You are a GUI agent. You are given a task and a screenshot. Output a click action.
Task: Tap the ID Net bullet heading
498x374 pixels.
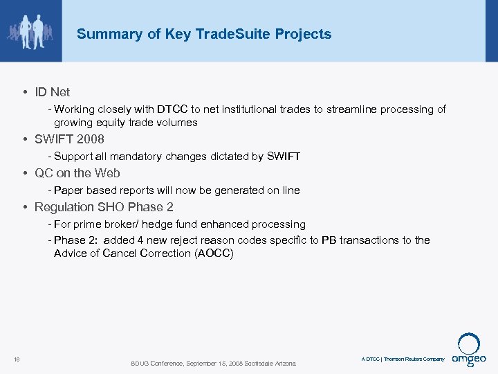click(x=52, y=91)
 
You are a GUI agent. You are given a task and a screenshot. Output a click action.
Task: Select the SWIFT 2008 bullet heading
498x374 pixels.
click(x=69, y=139)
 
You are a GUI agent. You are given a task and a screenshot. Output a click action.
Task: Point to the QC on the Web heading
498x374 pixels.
click(x=77, y=173)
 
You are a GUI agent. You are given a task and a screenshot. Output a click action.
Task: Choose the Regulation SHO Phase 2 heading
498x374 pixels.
click(x=104, y=207)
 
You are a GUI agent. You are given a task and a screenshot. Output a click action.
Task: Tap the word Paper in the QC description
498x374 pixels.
click(x=68, y=190)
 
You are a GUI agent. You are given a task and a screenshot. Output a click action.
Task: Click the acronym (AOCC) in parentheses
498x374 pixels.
click(x=214, y=253)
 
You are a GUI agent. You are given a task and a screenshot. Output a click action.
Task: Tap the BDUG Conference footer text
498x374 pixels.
click(x=213, y=364)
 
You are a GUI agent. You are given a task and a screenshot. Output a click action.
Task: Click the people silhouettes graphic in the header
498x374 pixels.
click(x=31, y=31)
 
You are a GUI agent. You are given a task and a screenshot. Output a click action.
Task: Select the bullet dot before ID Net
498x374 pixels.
click(x=25, y=92)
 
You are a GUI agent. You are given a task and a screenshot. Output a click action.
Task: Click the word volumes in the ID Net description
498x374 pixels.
click(x=176, y=123)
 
